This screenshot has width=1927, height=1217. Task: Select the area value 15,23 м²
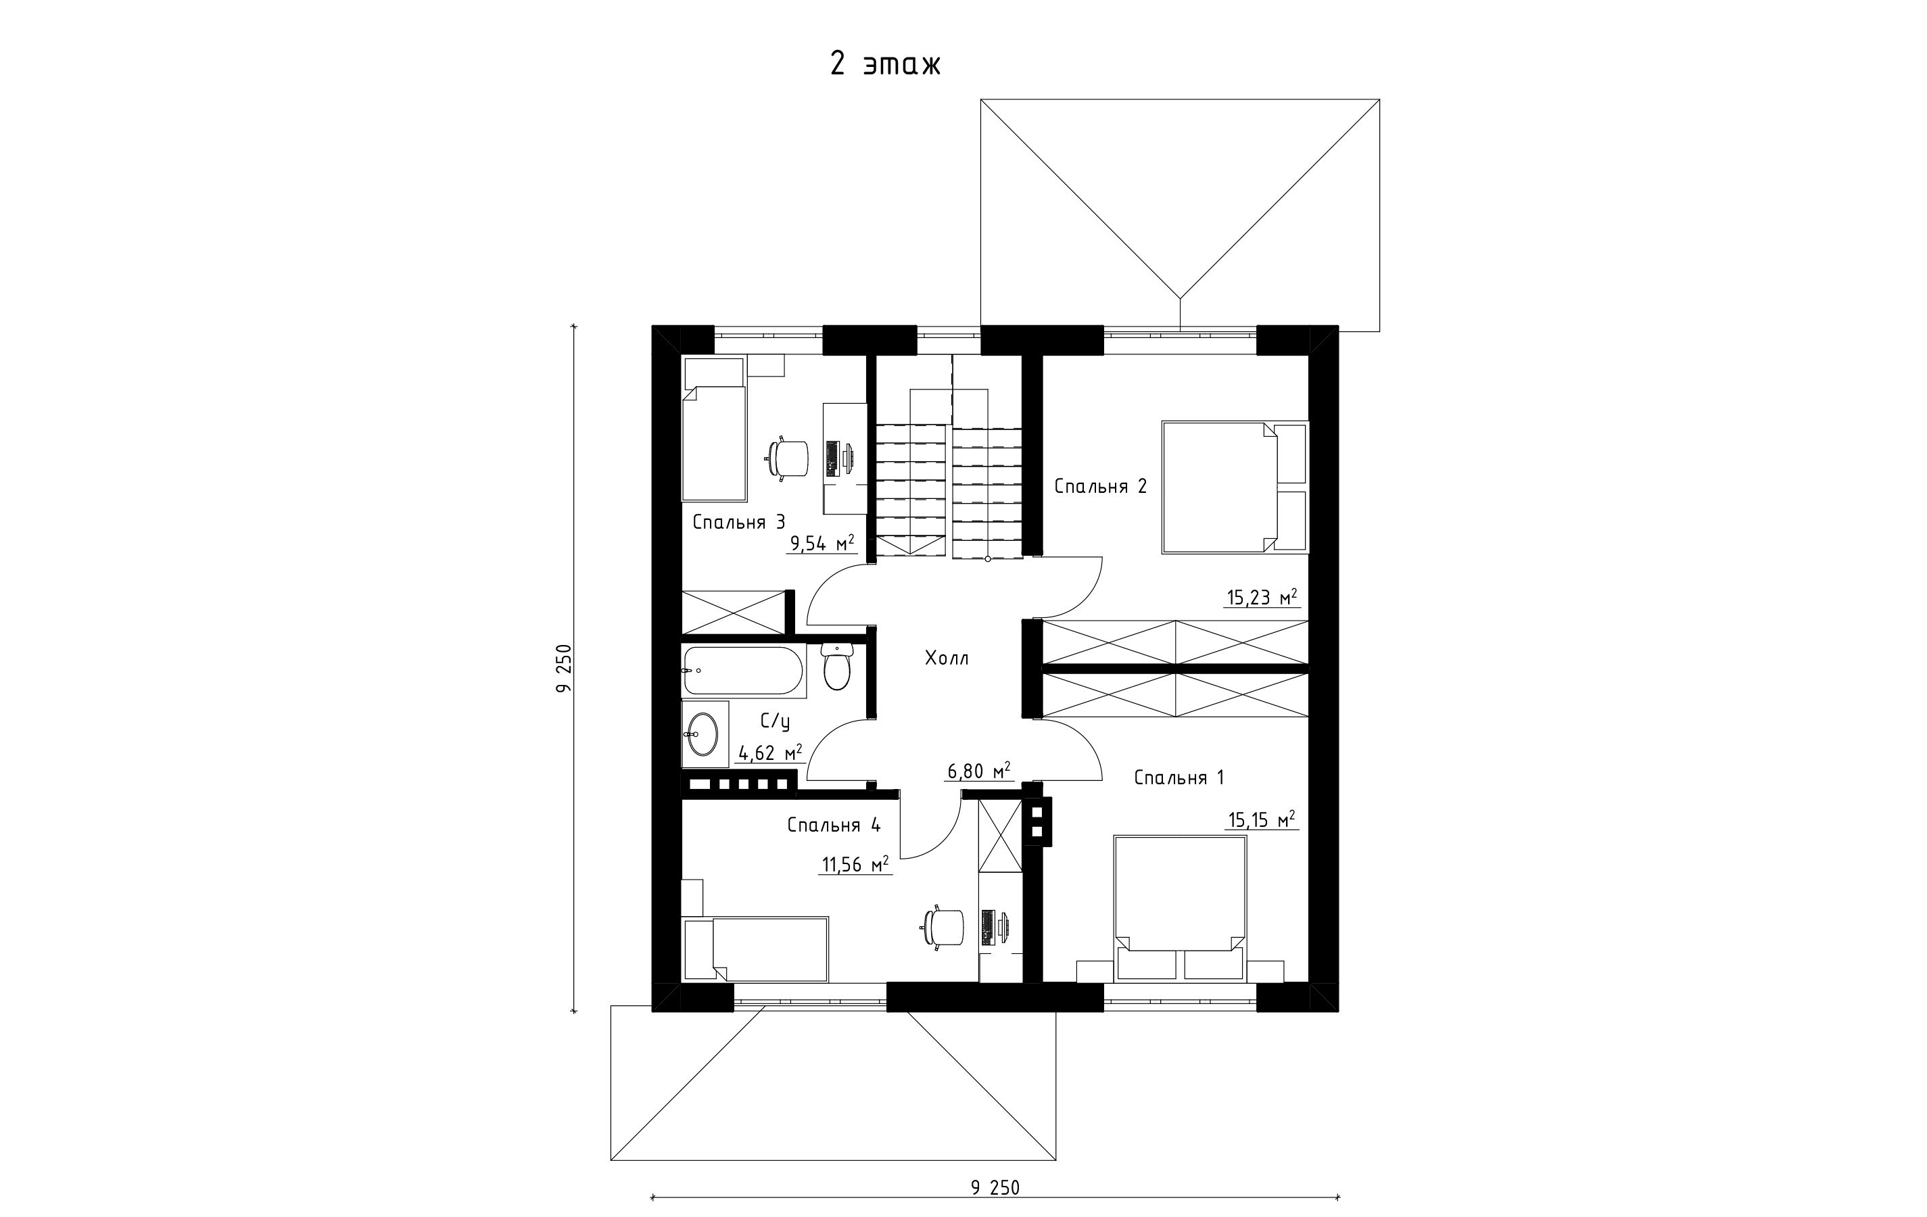click(1261, 597)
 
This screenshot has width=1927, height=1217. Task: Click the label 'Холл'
click(947, 659)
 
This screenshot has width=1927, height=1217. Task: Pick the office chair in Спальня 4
click(943, 928)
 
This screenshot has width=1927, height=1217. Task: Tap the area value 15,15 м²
click(1260, 820)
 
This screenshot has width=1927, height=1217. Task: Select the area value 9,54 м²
click(822, 544)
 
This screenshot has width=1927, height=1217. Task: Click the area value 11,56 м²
click(855, 864)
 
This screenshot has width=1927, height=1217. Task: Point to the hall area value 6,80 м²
click(978, 771)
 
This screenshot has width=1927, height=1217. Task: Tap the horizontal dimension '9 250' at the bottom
click(995, 1187)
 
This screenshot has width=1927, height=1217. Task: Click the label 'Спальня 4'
click(834, 825)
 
